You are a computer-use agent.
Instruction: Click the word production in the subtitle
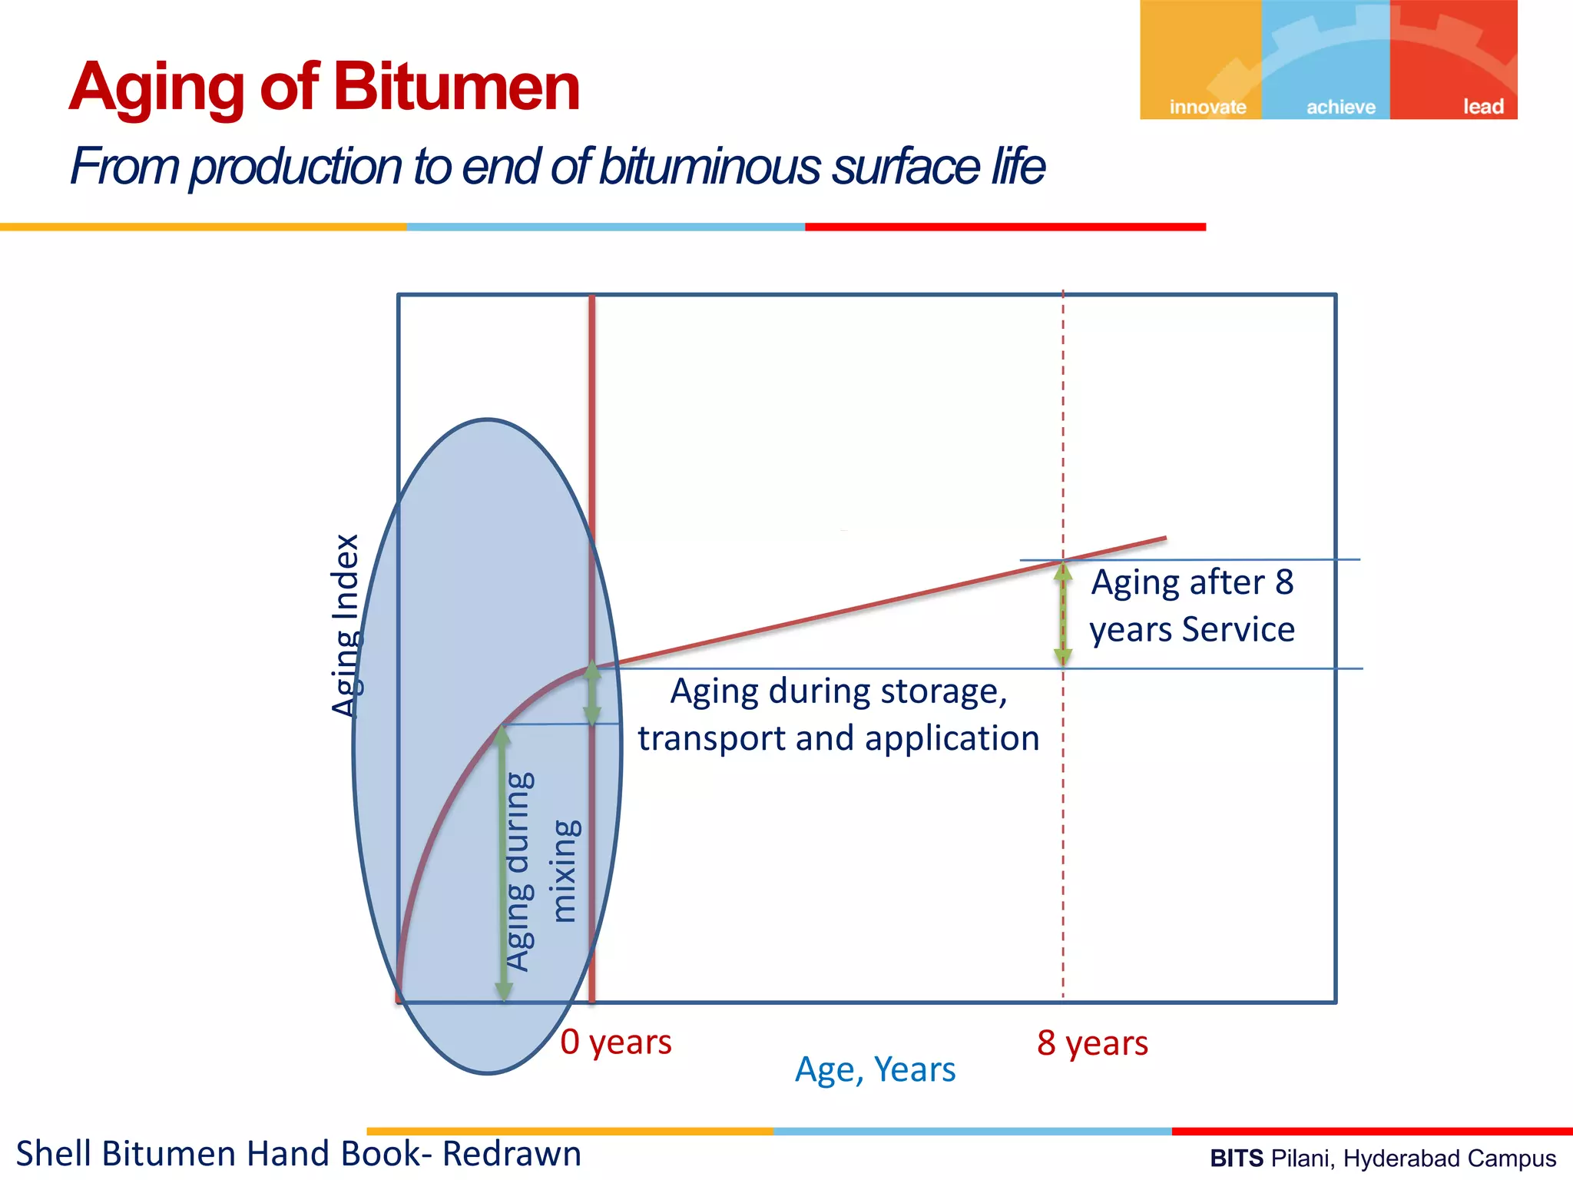296,167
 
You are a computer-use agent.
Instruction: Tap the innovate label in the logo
1207,107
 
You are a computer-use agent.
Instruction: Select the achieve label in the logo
1341,107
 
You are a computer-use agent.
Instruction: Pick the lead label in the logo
1482,107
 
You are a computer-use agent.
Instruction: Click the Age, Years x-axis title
875,1069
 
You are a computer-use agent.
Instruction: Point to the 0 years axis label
616,1042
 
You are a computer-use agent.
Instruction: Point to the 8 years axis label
1092,1043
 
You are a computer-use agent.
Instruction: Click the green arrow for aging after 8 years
1063,615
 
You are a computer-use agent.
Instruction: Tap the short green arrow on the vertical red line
592,694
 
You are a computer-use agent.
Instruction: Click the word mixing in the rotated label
566,870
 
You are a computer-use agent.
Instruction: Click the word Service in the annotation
1238,629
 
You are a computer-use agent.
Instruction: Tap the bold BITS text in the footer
1236,1158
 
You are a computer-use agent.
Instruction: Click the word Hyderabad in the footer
1393,1158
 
